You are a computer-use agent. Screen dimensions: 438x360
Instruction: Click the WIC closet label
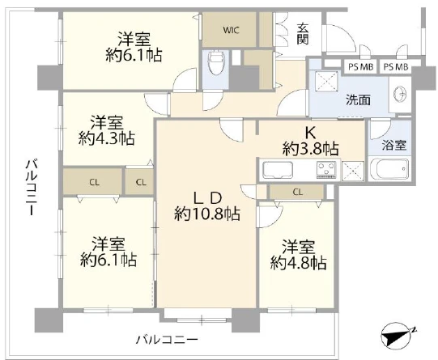[231, 30]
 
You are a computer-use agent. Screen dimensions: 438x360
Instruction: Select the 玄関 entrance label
[302, 34]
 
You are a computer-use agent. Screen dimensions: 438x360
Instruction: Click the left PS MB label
[360, 67]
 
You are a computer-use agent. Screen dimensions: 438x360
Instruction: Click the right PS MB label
[396, 67]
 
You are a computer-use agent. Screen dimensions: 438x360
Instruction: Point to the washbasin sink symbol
[400, 94]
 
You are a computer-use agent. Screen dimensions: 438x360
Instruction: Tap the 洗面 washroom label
[359, 100]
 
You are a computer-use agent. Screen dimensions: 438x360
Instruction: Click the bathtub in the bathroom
[389, 168]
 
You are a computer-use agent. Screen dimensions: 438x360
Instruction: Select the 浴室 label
[393, 145]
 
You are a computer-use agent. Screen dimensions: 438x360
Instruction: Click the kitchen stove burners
[326, 169]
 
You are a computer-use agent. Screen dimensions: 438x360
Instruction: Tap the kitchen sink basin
[278, 169]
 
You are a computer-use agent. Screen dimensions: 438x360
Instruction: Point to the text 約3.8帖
[311, 149]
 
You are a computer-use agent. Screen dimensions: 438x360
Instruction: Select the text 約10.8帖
[207, 214]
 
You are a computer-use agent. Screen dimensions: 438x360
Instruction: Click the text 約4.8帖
[298, 263]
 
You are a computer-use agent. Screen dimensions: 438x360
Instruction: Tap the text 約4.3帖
[107, 138]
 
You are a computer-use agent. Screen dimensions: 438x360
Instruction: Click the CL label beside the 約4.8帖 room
[298, 192]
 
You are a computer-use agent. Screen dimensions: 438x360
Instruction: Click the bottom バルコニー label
[167, 340]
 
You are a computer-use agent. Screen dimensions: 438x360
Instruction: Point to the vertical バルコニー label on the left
[32, 187]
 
